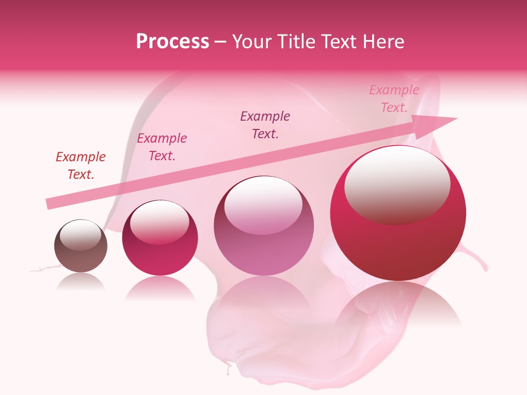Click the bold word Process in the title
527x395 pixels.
tap(172, 41)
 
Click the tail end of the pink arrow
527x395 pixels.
tap(49, 204)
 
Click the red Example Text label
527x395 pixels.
tap(81, 166)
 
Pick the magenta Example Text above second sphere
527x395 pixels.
tap(162, 147)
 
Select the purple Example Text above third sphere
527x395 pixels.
tap(265, 125)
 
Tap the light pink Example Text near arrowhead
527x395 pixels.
tap(394, 99)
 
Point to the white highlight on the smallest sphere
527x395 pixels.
tap(80, 235)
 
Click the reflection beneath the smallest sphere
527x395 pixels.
tap(81, 281)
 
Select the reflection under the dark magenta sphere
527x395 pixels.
tap(160, 288)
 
